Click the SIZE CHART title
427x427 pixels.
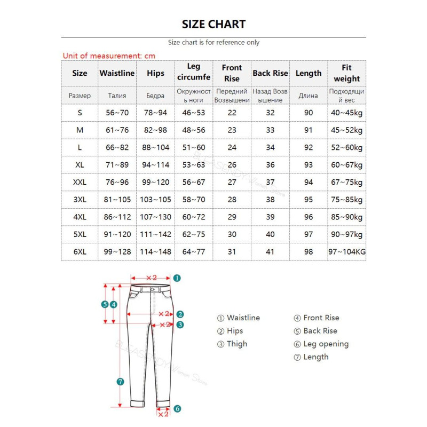click(x=213, y=24)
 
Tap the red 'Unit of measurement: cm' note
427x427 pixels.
click(x=109, y=56)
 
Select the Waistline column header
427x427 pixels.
click(x=117, y=73)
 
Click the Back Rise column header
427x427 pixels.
click(x=270, y=73)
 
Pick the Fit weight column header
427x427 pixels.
click(x=347, y=73)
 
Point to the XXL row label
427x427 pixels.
click(x=80, y=182)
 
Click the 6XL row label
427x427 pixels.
click(x=80, y=251)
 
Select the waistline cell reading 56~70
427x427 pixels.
click(x=117, y=113)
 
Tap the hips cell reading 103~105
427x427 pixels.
click(x=155, y=200)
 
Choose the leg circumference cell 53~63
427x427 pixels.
click(x=194, y=165)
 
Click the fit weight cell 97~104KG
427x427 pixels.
click(x=347, y=251)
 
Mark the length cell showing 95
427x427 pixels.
click(x=309, y=200)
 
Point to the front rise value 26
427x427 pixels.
click(x=232, y=165)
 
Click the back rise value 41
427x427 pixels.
click(x=270, y=251)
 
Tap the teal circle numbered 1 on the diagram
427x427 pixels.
click(x=177, y=278)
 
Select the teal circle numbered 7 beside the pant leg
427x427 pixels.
click(x=120, y=381)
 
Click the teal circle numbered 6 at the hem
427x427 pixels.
click(x=177, y=409)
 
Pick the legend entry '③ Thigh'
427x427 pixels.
click(x=232, y=344)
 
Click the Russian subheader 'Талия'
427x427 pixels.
click(x=117, y=96)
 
